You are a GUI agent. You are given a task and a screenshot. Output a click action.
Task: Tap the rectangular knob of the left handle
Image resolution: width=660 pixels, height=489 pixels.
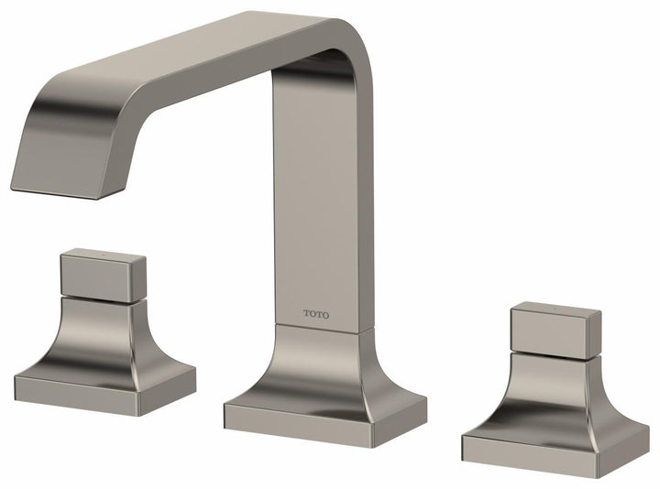(x=103, y=273)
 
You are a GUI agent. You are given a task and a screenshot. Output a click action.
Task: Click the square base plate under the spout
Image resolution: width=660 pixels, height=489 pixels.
(x=325, y=413)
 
